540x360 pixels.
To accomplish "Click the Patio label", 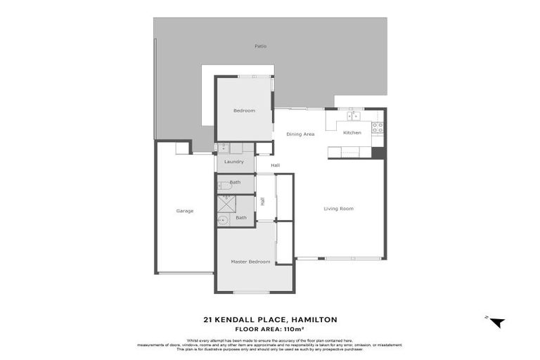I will [261, 46].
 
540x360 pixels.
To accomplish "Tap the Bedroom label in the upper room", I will [244, 110].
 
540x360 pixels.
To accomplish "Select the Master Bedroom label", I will [250, 262].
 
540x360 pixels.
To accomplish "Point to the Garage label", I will [185, 211].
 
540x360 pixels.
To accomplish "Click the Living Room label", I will [338, 208].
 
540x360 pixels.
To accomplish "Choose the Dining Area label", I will [300, 134].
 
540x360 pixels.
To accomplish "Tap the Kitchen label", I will [352, 132].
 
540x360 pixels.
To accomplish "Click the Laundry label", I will [233, 162].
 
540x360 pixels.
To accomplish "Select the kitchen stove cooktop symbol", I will [377, 127].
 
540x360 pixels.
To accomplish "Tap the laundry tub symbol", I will [223, 148].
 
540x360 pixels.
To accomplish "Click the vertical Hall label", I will [262, 201].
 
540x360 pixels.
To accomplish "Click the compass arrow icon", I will [496, 322].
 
